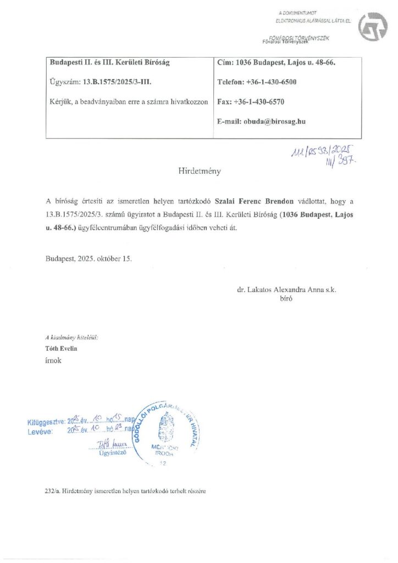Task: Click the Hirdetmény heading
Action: [199, 171]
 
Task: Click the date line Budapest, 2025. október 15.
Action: [89, 257]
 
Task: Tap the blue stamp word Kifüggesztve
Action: [46, 422]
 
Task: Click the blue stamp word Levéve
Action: [40, 432]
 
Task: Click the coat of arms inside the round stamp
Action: [165, 429]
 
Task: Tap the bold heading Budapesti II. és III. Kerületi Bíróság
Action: [109, 63]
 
